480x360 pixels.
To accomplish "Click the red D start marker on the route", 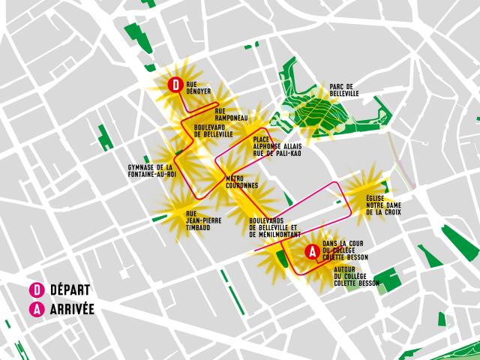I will point(175,85).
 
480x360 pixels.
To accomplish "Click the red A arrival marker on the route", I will point(311,252).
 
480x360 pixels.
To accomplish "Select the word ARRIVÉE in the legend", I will point(72,308).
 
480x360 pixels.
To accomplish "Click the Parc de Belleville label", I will point(344,90).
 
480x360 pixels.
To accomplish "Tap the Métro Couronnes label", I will point(242,181).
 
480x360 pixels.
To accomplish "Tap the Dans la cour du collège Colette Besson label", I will point(346,250).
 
